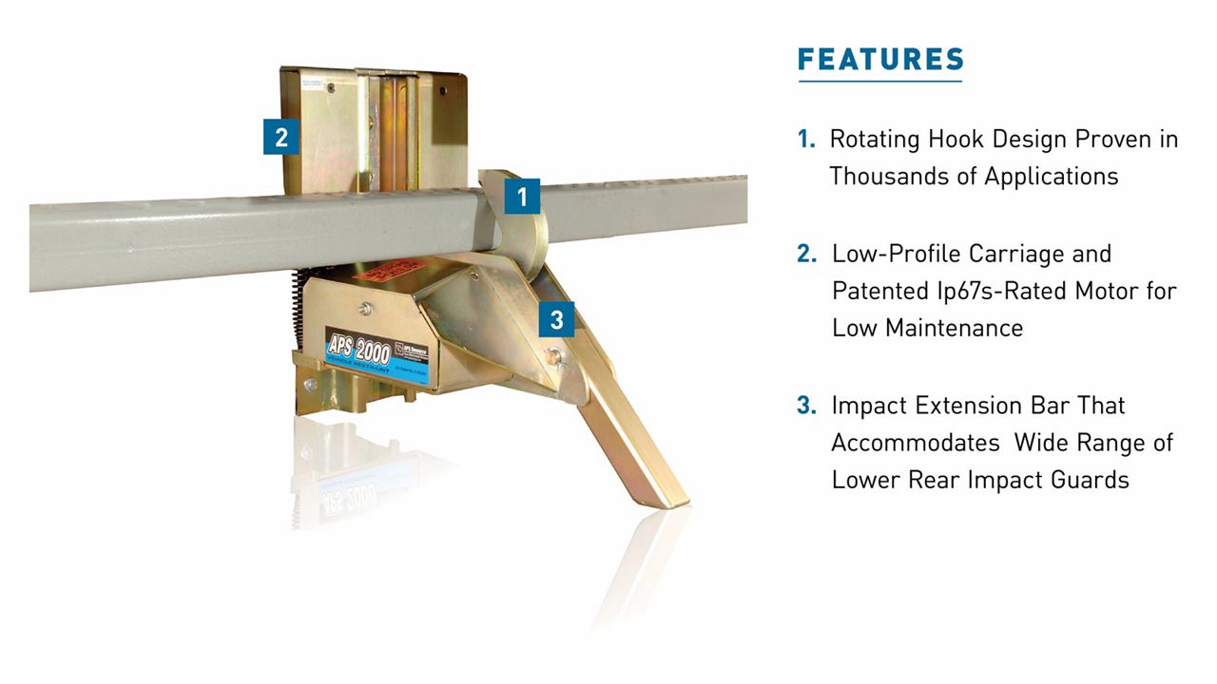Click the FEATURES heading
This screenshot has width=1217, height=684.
pyautogui.click(x=880, y=59)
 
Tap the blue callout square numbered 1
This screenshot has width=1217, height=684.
pyautogui.click(x=521, y=197)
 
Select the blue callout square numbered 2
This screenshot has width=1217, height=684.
pyautogui.click(x=280, y=137)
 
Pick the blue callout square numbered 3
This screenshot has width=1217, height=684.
pyautogui.click(x=556, y=319)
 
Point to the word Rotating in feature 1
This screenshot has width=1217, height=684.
pyautogui.click(x=873, y=139)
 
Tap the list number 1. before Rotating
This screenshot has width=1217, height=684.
pyautogui.click(x=806, y=140)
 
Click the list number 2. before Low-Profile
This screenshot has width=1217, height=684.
pyautogui.click(x=807, y=254)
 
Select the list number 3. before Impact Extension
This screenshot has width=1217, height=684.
pyautogui.click(x=807, y=406)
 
